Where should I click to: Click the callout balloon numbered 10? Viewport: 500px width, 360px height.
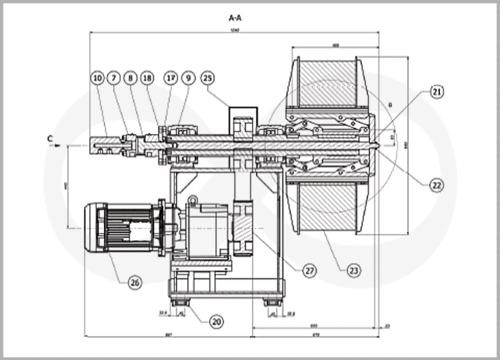(x=97, y=76)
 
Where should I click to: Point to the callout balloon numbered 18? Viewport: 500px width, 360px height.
(x=148, y=76)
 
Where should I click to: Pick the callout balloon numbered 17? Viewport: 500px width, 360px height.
(x=170, y=76)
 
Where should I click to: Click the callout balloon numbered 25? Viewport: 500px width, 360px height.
(x=208, y=76)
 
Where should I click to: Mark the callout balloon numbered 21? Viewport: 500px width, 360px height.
(x=437, y=91)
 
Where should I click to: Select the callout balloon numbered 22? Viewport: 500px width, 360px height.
(x=437, y=184)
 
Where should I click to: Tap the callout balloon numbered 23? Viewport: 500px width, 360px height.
(x=353, y=268)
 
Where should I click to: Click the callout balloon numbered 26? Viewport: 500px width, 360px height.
(x=135, y=281)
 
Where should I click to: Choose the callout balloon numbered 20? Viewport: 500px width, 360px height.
(x=217, y=321)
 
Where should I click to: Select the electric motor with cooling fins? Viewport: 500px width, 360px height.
(x=118, y=229)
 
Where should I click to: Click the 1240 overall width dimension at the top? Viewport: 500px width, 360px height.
(x=235, y=31)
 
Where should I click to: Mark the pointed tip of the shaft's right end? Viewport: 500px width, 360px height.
(x=383, y=144)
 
